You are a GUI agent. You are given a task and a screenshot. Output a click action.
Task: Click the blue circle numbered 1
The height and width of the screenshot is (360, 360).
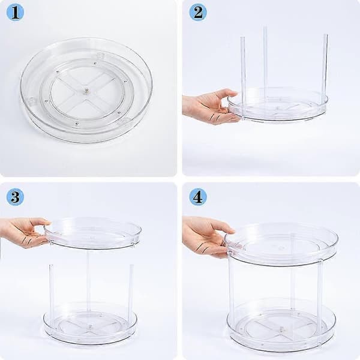[15, 13]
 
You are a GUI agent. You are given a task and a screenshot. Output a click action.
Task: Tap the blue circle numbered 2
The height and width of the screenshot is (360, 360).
[198, 13]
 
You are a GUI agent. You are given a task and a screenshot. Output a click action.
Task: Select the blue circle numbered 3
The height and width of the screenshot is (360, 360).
[15, 197]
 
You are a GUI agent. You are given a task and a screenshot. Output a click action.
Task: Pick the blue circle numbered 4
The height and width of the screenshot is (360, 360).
[198, 197]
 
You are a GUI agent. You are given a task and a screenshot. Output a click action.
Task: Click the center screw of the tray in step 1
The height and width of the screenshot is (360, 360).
[86, 91]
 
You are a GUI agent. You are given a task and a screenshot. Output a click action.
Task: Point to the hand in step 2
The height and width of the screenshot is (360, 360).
[210, 107]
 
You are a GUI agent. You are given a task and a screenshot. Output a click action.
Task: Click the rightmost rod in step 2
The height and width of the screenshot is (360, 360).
[325, 69]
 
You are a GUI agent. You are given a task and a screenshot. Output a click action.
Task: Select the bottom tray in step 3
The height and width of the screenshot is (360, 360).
[90, 324]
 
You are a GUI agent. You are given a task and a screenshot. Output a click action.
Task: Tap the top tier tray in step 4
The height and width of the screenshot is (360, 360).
[281, 245]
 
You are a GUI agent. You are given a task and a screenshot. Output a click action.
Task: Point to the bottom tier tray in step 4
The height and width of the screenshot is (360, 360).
[281, 326]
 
